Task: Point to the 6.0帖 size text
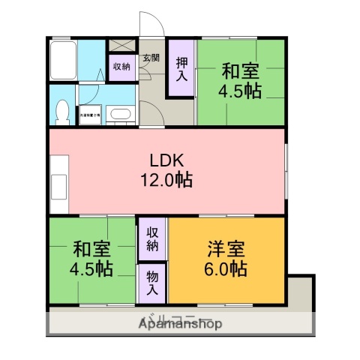coord(226,268)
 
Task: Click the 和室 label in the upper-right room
coord(240,73)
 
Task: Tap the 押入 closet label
coord(181,67)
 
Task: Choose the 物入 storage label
coord(152,282)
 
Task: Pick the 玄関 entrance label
coord(151,58)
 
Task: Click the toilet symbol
coord(62,111)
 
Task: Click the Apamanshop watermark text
coord(180,324)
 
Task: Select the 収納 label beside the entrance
coord(121,67)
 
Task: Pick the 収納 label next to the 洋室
coord(152,238)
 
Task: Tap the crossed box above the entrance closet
coord(121,45)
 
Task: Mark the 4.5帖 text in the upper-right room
coord(240,92)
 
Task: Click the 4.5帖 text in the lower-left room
coord(92,268)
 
